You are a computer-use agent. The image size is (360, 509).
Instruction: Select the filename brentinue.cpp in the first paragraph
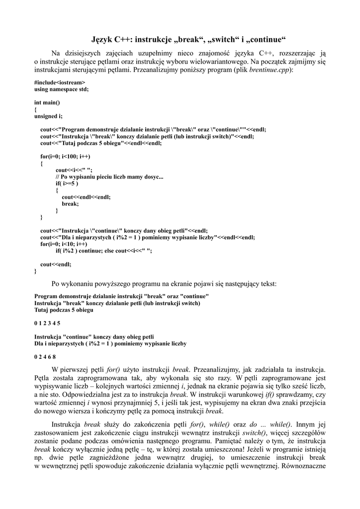click(x=270, y=70)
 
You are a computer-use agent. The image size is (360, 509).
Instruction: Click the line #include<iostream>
click(x=60, y=82)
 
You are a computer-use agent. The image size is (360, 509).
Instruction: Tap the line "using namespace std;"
click(x=61, y=89)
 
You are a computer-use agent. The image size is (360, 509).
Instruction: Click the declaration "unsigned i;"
click(x=48, y=116)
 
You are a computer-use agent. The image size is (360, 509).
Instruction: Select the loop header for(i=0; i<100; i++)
click(x=65, y=156)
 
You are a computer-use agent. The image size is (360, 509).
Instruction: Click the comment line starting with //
click(x=109, y=176)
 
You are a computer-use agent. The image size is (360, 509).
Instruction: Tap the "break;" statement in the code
click(x=70, y=203)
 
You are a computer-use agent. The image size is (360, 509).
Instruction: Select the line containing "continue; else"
click(x=103, y=251)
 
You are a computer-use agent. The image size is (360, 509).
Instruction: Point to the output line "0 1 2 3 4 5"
click(x=47, y=323)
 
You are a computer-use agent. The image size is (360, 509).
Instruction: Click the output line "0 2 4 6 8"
click(x=45, y=356)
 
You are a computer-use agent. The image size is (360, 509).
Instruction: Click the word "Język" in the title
click(x=103, y=39)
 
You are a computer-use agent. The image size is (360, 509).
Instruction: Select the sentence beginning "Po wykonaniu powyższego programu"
click(x=164, y=284)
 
